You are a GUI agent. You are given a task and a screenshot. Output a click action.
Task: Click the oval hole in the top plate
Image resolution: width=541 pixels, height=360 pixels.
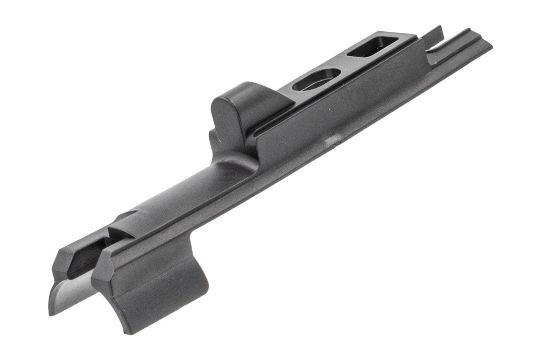317,80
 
